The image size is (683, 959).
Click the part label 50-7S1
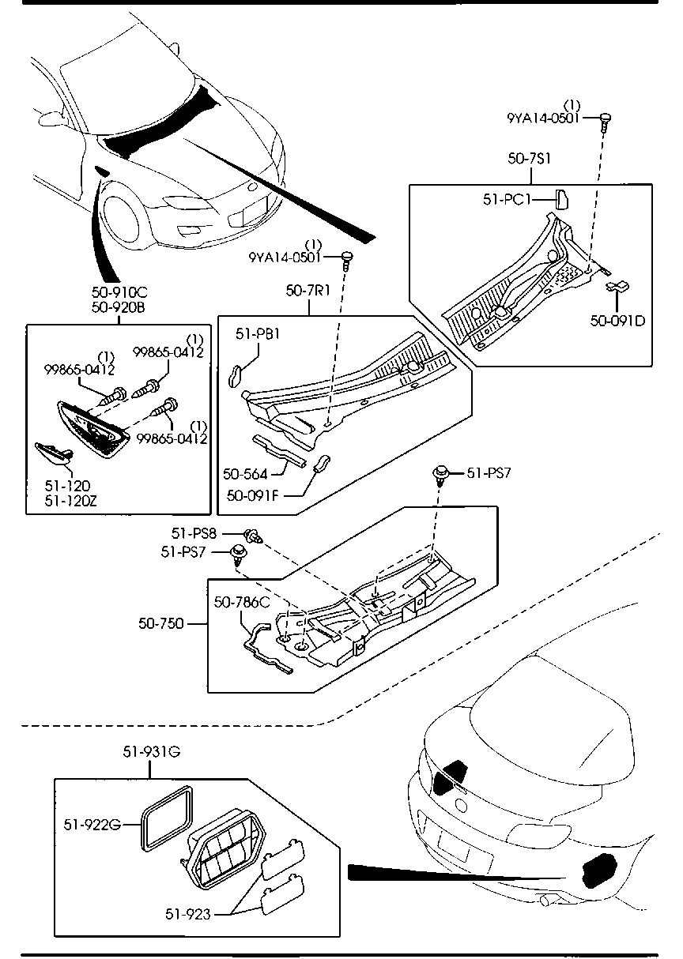[529, 159]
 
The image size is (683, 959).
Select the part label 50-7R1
[308, 291]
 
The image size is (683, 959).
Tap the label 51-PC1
[507, 200]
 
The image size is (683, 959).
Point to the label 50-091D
[617, 321]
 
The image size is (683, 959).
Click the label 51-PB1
[258, 334]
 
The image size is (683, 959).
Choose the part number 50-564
[245, 474]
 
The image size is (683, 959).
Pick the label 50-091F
[253, 495]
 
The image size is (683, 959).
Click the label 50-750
[161, 623]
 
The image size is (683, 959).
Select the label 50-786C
[242, 603]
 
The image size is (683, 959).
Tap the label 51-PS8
[194, 533]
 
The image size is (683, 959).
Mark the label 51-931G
[152, 751]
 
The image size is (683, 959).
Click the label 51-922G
[92, 824]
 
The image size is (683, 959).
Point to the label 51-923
[188, 914]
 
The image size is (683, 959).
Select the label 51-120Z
[70, 501]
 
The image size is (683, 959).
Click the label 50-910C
[119, 292]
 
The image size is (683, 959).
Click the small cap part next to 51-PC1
[562, 200]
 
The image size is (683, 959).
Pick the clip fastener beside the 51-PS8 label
[253, 536]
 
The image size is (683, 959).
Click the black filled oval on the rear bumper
[599, 870]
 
